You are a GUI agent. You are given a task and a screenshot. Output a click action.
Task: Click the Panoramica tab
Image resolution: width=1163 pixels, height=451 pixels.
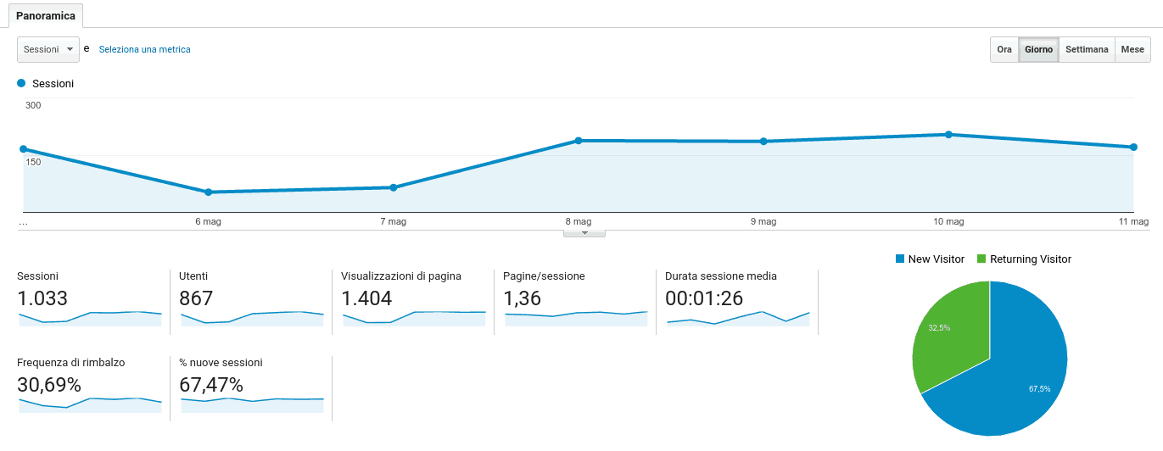(46, 16)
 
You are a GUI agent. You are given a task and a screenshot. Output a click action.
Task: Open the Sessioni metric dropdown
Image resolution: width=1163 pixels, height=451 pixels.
(48, 49)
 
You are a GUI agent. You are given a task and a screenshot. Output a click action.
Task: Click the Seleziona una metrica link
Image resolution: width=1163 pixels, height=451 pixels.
(144, 49)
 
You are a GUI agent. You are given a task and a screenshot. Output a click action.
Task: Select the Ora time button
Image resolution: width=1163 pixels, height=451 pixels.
(1004, 49)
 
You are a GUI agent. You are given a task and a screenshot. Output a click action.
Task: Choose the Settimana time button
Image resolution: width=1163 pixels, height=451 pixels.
(1087, 49)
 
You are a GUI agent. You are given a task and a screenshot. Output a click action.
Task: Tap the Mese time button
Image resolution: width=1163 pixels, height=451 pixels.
(1132, 49)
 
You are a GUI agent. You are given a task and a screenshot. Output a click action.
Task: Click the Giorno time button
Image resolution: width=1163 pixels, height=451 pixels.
(1038, 49)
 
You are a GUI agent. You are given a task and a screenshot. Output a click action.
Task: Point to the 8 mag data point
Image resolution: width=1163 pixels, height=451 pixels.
(579, 141)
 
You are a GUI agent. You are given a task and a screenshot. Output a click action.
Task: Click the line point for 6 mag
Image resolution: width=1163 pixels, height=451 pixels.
(208, 192)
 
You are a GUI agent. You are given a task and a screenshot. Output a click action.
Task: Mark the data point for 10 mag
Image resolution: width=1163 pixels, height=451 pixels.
(948, 135)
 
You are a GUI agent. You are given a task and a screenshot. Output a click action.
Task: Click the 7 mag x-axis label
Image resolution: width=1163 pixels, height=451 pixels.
(393, 222)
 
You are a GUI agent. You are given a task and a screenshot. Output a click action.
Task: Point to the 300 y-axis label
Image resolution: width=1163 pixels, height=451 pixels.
(33, 105)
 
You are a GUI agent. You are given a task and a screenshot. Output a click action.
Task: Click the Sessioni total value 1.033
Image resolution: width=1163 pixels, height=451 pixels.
(42, 298)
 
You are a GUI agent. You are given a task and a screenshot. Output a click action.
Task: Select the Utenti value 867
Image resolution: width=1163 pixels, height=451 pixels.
(196, 298)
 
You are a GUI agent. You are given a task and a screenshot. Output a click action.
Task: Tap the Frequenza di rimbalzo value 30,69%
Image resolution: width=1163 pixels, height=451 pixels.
(49, 385)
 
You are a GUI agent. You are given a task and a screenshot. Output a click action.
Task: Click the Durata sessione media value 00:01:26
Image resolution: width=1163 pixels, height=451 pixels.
(704, 298)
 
